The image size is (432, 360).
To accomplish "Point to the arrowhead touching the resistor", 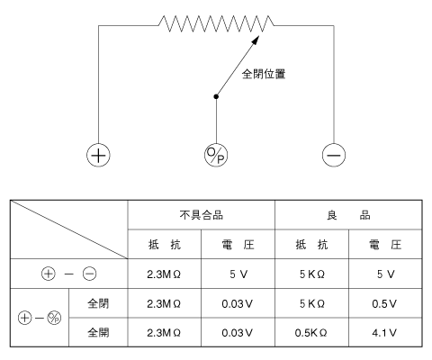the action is tap(256, 40).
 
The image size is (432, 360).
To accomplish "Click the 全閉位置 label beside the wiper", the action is tap(264, 74).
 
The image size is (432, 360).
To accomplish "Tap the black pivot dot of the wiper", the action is tap(216, 96).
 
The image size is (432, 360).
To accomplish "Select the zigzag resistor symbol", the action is tap(216, 23).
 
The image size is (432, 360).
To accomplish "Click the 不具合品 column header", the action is tap(202, 215).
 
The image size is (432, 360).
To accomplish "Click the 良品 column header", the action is tap(348, 215).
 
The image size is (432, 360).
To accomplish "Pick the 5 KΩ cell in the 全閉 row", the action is tap(312, 304).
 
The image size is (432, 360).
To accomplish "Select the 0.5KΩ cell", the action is tap(310, 333).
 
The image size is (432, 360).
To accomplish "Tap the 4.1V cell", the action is tap(384, 333).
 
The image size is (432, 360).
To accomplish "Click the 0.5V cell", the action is tap(384, 304).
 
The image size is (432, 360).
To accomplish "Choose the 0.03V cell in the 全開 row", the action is tap(238, 333).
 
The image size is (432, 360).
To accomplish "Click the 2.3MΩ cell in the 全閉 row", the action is tap(164, 304).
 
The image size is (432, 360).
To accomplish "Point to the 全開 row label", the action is tap(98, 333).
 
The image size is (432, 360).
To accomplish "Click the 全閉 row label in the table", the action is tap(98, 303).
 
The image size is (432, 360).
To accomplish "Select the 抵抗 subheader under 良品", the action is tap(311, 245).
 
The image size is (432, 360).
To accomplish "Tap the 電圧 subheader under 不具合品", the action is tap(238, 245).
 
